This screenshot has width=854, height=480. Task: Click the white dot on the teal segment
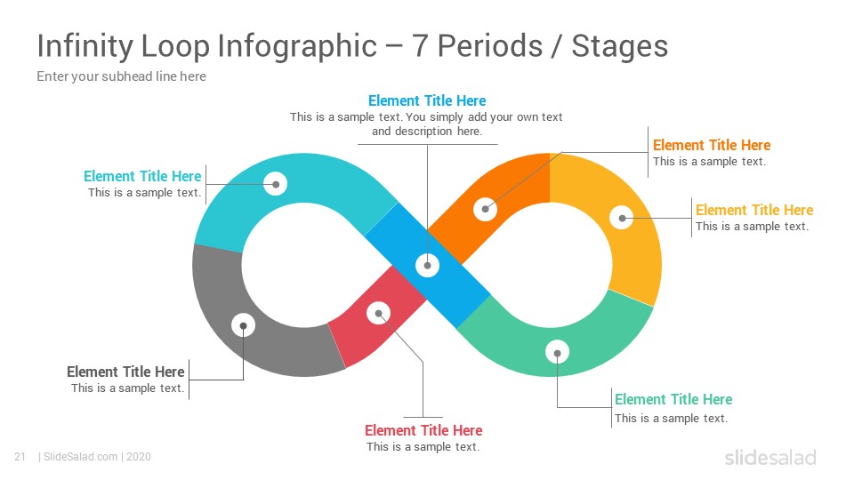click(276, 184)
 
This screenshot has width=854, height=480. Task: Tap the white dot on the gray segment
click(244, 325)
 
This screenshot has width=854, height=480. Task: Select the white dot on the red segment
click(379, 313)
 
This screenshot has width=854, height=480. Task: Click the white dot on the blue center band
click(428, 266)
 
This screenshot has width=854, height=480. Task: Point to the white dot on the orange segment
click(486, 209)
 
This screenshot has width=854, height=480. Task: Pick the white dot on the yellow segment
click(622, 219)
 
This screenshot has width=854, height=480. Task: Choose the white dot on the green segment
click(557, 353)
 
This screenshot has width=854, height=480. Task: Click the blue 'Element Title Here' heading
click(427, 100)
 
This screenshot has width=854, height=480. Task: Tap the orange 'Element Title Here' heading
click(712, 145)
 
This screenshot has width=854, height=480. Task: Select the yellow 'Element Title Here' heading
click(754, 210)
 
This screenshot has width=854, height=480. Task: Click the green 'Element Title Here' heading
click(673, 399)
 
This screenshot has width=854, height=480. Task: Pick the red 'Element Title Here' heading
click(423, 430)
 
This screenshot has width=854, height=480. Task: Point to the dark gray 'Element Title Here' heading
click(125, 372)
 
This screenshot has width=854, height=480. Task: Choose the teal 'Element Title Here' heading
click(142, 176)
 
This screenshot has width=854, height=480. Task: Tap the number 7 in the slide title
click(419, 45)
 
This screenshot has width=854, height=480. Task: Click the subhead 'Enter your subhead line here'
click(122, 76)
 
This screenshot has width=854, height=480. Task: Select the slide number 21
click(20, 457)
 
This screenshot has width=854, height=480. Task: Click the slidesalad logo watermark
click(770, 457)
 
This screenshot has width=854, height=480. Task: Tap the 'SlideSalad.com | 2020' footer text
click(95, 457)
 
